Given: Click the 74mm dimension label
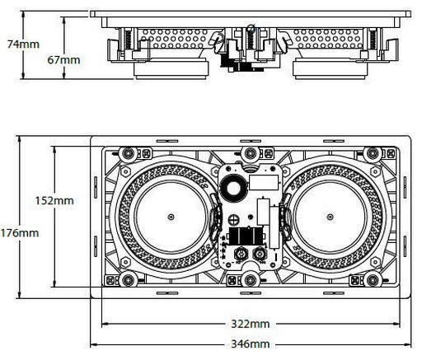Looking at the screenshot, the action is pyautogui.click(x=23, y=44).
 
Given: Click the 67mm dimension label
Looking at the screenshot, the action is pyautogui.click(x=63, y=60).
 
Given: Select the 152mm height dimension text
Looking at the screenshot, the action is pyautogui.click(x=54, y=200).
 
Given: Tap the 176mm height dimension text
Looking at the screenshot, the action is pyautogui.click(x=20, y=233).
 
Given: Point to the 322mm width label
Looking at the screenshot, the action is pyautogui.click(x=251, y=324).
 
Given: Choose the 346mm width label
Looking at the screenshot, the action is pyautogui.click(x=251, y=344).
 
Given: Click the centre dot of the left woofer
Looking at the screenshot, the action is pyautogui.click(x=171, y=217).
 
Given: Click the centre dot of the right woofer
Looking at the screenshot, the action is pyautogui.click(x=330, y=217).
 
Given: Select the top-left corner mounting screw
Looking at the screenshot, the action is pyautogui.click(x=128, y=153).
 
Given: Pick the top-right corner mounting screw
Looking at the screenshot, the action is pyautogui.click(x=373, y=153).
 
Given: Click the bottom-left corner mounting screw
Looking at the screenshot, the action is pyautogui.click(x=128, y=280).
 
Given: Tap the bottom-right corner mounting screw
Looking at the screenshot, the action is pyautogui.click(x=373, y=280).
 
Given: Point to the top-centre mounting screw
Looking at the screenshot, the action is pyautogui.click(x=251, y=153).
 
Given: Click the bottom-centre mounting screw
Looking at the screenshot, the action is pyautogui.click(x=251, y=280).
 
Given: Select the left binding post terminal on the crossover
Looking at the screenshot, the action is pyautogui.click(x=241, y=254).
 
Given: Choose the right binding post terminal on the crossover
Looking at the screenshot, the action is pyautogui.click(x=260, y=254).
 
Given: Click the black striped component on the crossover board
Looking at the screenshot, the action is pyautogui.click(x=246, y=236).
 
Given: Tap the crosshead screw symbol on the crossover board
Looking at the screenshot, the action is pyautogui.click(x=234, y=219).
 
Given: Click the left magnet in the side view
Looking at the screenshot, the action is pyautogui.click(x=171, y=69).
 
